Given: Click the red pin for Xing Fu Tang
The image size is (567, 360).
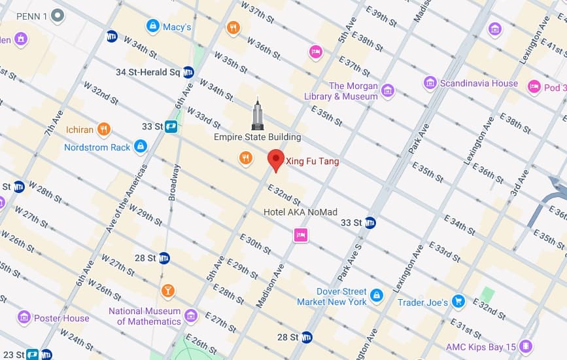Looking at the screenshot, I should tap(276, 160).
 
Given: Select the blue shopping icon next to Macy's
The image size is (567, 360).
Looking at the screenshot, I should tap(153, 26).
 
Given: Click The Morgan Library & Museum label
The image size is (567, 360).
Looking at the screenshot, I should tap(354, 91).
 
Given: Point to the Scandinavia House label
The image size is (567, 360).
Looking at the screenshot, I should tap(479, 83).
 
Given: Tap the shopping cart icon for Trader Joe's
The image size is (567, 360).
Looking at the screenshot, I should tap(459, 302).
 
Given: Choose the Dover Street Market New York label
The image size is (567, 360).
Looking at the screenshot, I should tap(332, 297).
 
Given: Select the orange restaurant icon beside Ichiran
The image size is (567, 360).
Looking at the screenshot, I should tap(103, 129).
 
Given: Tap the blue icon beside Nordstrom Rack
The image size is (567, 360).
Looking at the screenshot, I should tap(140, 147).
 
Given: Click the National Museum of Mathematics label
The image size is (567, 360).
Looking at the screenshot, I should tap(145, 316).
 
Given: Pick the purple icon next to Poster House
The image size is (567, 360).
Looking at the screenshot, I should tap(24, 318).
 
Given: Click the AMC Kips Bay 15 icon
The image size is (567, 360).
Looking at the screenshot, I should tap(526, 346).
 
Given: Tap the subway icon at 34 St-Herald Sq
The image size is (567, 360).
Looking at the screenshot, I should tap(188, 72).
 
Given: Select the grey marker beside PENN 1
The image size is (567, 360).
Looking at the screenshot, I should tap(58, 14).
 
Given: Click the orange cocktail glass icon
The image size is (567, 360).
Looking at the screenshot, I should tap(167, 290).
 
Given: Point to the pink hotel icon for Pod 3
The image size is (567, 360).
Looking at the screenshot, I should tap(534, 87).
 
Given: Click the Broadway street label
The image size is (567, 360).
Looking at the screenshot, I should tap(173, 182).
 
